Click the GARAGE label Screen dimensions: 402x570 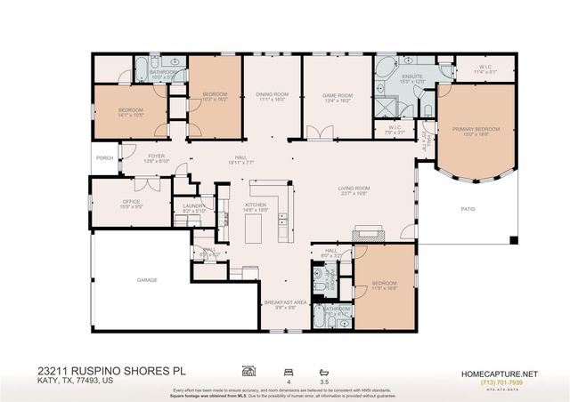[147, 280]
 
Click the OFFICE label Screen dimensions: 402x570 [132, 202]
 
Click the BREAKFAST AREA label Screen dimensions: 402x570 [285, 302]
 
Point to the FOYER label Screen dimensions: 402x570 [157, 157]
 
